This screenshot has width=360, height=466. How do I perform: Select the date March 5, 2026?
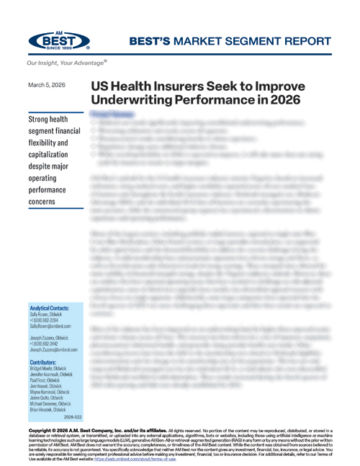46,85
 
